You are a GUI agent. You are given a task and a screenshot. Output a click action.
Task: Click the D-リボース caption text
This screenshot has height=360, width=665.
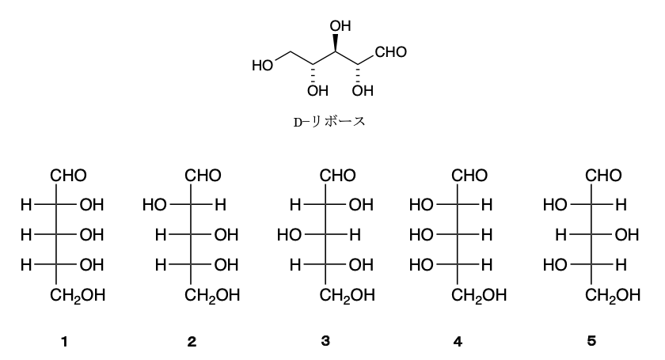point(329,122)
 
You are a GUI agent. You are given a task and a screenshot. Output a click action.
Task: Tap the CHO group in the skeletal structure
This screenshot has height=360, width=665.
point(390,51)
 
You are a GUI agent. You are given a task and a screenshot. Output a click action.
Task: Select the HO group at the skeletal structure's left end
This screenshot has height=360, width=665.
point(263,66)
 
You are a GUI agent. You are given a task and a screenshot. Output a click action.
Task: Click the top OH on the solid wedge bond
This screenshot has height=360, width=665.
point(340,26)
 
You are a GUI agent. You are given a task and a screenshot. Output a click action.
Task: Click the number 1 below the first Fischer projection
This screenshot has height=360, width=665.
point(64,341)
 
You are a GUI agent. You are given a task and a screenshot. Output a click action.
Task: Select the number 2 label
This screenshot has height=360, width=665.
point(192,341)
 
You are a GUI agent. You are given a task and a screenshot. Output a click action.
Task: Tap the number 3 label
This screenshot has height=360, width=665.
point(325,341)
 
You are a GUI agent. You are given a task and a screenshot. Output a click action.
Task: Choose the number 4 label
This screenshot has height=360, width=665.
point(458,341)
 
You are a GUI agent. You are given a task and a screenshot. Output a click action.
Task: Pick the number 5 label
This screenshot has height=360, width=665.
point(591,341)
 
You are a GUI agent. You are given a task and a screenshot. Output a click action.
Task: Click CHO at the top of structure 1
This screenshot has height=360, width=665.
point(68,175)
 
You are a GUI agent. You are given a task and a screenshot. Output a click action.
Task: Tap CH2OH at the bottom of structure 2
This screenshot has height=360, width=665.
point(212,295)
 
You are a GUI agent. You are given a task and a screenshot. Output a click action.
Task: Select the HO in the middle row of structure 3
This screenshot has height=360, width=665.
point(289,234)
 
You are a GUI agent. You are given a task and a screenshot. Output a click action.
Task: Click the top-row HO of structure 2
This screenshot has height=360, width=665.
point(154,205)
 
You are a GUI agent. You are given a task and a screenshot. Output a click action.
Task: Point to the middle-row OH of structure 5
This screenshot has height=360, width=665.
point(626,234)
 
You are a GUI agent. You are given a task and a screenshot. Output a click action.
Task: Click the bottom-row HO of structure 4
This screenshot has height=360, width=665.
point(421,265)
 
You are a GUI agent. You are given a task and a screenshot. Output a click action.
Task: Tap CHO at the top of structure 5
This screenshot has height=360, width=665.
point(603,175)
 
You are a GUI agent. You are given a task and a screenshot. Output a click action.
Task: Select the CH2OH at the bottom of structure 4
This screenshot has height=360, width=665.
point(479,295)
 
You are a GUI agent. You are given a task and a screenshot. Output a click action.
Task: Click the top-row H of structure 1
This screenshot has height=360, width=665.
point(26,205)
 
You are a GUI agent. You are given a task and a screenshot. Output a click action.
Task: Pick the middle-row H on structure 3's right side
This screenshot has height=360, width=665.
point(355,234)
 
